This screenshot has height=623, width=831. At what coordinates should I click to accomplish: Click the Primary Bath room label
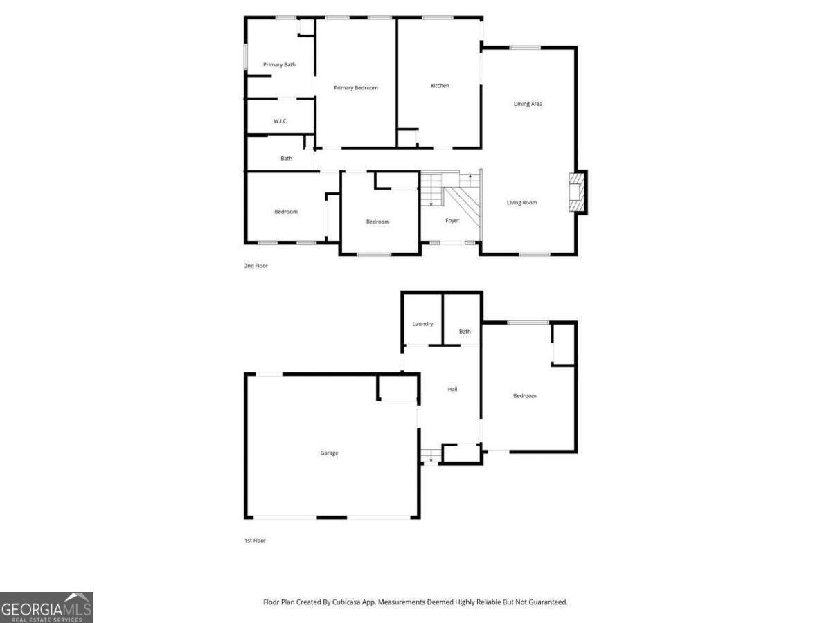point(279,65)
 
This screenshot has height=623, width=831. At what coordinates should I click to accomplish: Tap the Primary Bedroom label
point(356,88)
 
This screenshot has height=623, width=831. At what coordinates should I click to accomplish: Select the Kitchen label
point(440,86)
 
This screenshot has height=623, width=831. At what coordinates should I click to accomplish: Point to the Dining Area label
point(528,104)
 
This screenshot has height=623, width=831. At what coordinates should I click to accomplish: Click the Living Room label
point(521,203)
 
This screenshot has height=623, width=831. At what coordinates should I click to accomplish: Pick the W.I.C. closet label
point(280,122)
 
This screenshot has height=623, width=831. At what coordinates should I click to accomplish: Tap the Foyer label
point(452,221)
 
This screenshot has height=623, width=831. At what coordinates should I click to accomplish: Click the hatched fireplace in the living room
point(576,192)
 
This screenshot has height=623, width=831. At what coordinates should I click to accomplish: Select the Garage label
point(329,453)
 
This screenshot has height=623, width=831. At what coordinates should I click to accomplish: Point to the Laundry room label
point(422,324)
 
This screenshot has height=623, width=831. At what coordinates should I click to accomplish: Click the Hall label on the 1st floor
point(452,390)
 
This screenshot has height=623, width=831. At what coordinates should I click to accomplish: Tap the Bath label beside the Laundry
point(465,332)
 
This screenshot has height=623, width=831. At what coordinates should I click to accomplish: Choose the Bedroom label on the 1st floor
point(524,396)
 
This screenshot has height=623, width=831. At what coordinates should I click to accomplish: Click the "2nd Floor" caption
point(256,266)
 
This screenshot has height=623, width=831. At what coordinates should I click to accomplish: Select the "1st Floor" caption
point(255,541)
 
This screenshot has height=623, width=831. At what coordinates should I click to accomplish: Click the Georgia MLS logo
point(46,607)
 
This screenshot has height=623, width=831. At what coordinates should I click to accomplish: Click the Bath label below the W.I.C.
point(286,159)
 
